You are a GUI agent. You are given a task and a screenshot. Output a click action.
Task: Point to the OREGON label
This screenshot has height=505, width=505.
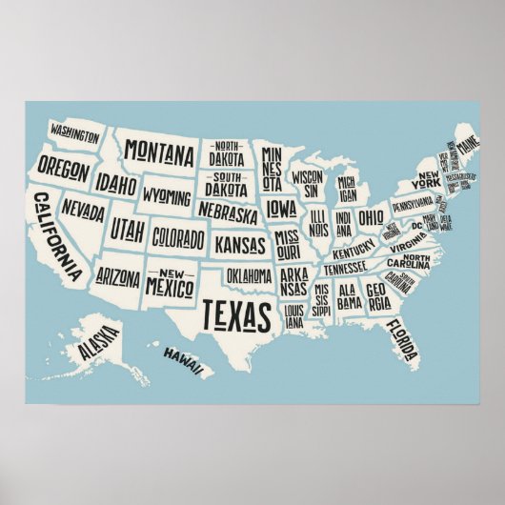(x=65, y=172)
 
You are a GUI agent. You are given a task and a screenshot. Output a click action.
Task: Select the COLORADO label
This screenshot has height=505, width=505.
(x=178, y=235)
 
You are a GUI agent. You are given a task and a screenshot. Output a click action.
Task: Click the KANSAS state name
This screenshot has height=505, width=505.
(x=240, y=245)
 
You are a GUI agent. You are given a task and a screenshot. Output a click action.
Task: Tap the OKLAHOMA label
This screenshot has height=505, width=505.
(x=251, y=275)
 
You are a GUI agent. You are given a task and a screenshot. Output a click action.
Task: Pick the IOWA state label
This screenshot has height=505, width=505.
(x=281, y=207)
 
